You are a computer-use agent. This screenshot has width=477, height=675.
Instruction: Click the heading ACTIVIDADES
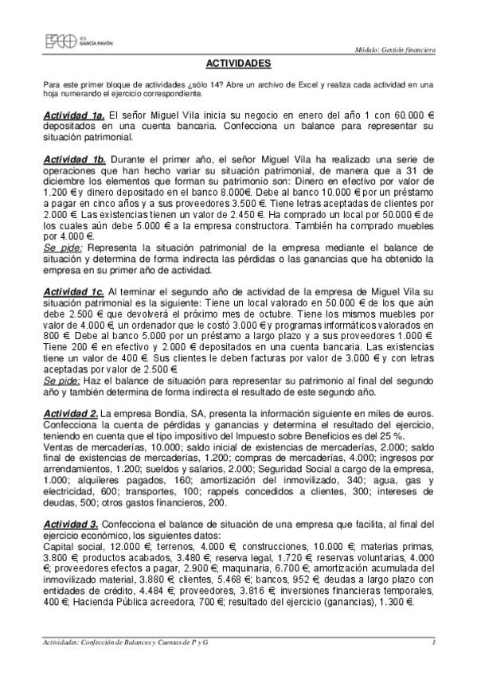pyautogui.click(x=238, y=63)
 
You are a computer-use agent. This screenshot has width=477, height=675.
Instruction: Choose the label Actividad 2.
pyautogui.click(x=70, y=414)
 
